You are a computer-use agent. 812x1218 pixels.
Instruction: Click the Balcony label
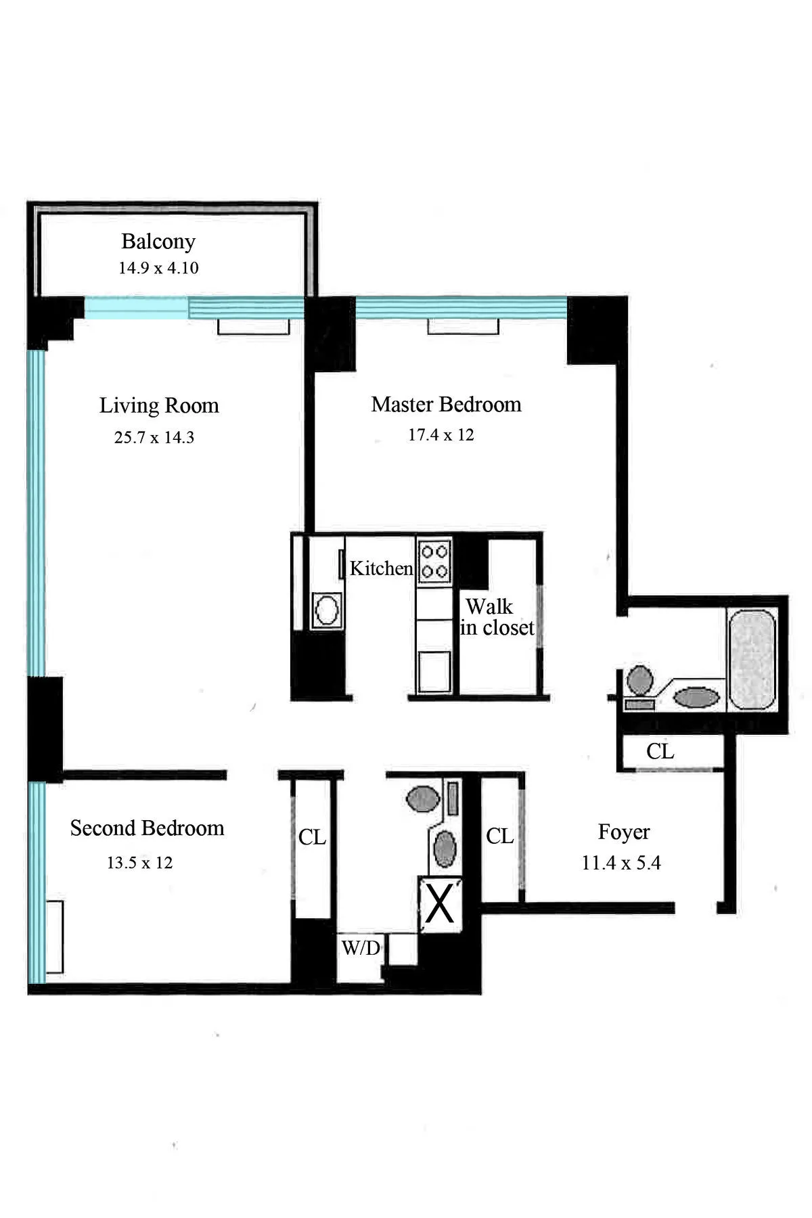[x=158, y=242]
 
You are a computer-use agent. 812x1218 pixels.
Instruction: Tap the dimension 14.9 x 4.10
[x=158, y=268]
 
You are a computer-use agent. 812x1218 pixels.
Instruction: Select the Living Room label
[x=159, y=405]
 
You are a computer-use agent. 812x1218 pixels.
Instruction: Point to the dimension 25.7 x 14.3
[x=154, y=438]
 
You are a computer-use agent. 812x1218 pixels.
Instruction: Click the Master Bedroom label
[x=446, y=405]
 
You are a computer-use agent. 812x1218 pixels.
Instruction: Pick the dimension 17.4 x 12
[x=441, y=435]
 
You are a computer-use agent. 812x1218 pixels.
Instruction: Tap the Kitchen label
[x=381, y=568]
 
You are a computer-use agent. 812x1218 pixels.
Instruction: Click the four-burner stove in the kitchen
[x=434, y=560]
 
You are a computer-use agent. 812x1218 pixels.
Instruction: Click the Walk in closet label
[x=497, y=617]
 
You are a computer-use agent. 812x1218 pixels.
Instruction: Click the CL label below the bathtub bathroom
[x=660, y=752]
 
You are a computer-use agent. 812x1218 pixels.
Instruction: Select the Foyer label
[x=623, y=832]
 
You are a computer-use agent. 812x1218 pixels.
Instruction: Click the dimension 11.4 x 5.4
[x=621, y=863]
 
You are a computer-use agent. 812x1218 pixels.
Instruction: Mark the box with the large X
[x=441, y=905]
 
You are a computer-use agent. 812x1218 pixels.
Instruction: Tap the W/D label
[x=361, y=948]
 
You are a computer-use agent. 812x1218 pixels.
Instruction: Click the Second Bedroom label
[x=147, y=828]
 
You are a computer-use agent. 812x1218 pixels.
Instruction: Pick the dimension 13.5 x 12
[x=139, y=863]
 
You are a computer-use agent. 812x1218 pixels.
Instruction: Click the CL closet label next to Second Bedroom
[x=312, y=838]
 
